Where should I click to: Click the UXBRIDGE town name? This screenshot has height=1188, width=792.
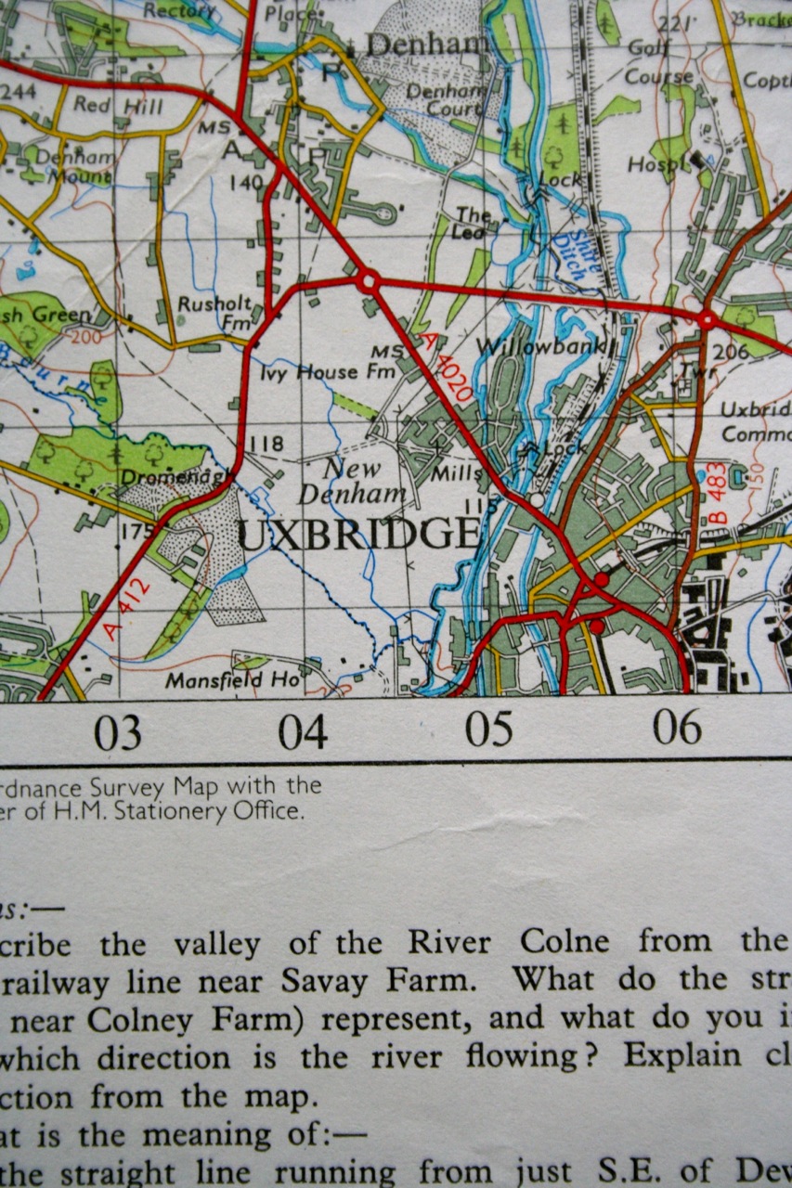(x=360, y=536)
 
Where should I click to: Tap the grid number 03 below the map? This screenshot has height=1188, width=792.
(x=118, y=732)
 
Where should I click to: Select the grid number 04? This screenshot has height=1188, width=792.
(x=303, y=732)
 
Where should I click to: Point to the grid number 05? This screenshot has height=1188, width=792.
(x=489, y=730)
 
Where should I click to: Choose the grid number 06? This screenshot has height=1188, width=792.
(x=677, y=727)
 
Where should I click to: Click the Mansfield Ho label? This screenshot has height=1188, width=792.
(x=234, y=680)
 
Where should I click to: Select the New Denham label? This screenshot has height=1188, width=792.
(x=364, y=481)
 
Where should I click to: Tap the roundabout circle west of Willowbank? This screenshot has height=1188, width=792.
(x=368, y=279)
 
